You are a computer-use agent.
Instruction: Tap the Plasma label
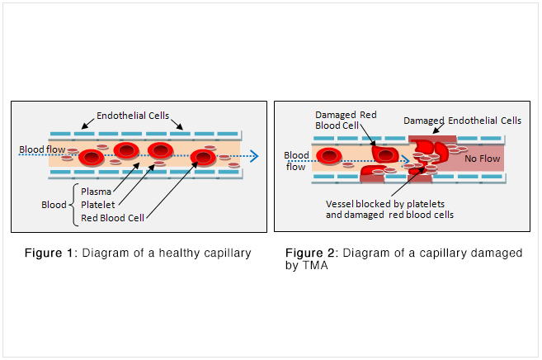pyautogui.click(x=96, y=191)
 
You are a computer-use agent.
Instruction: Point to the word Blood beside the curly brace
pyautogui.click(x=54, y=204)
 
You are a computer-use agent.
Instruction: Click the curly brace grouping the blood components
pyautogui.click(x=74, y=204)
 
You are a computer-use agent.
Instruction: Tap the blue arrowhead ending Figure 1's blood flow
pyautogui.click(x=254, y=154)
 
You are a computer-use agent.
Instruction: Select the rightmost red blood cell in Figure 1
pyautogui.click(x=202, y=158)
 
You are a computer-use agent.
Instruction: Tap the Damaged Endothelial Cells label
pyautogui.click(x=462, y=121)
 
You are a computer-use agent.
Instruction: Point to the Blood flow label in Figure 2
pyautogui.click(x=296, y=160)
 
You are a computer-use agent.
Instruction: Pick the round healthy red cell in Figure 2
pyautogui.click(x=330, y=154)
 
